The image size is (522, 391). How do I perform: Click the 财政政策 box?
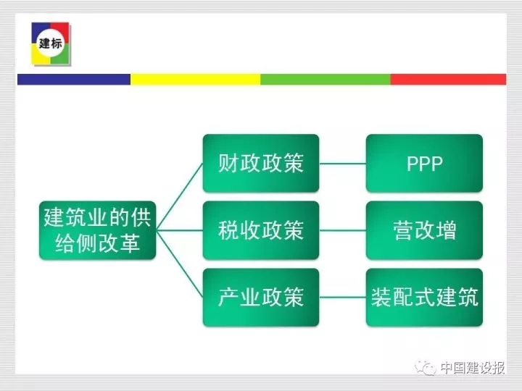(261, 163)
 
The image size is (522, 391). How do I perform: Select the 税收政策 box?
(261, 230)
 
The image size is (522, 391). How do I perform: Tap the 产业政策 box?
(261, 298)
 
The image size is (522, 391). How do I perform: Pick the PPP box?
(424, 163)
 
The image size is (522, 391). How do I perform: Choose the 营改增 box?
(424, 230)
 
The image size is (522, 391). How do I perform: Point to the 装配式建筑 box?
(424, 298)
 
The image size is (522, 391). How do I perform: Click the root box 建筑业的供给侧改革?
(98, 230)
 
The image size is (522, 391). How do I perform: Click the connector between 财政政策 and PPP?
(342, 163)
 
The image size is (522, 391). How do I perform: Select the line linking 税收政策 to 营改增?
(342, 230)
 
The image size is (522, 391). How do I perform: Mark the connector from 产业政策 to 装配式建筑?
(342, 298)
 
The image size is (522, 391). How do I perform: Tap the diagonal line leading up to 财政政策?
(180, 196)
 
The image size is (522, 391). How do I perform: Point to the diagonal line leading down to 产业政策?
(180, 264)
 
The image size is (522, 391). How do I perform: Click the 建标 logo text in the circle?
(51, 43)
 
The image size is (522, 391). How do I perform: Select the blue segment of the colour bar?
(74, 80)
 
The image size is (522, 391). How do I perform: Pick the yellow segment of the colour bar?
(196, 80)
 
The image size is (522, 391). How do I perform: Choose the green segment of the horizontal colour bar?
(326, 80)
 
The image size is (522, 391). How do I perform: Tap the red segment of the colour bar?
(449, 80)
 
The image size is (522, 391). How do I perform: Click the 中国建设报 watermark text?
(473, 368)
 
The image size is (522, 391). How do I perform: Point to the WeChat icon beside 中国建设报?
(425, 368)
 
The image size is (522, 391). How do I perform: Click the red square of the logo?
(60, 32)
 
